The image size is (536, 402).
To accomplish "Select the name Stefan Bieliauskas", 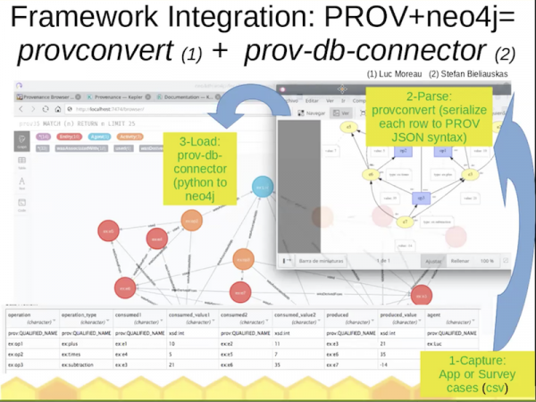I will (x=473, y=75).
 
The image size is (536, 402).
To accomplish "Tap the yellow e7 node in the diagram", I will (x=404, y=221).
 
